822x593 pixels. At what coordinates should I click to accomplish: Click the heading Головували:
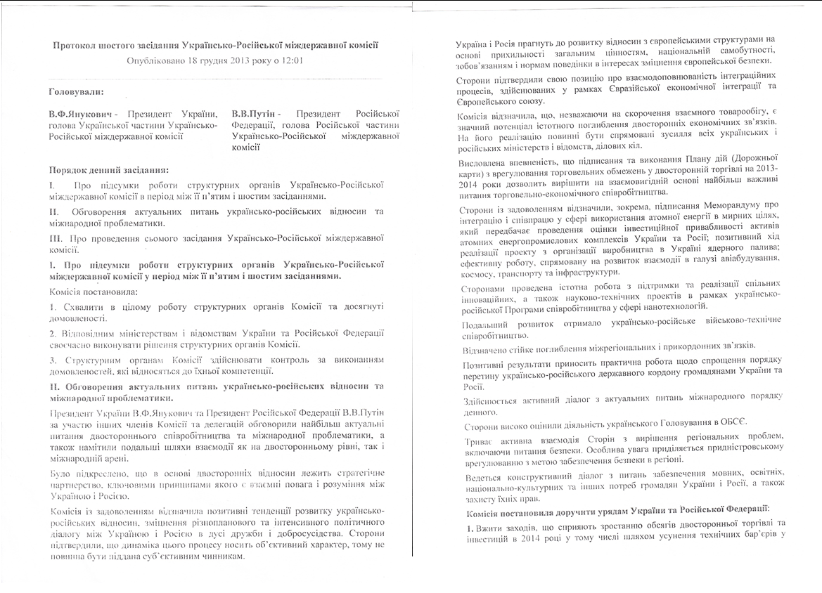[75, 91]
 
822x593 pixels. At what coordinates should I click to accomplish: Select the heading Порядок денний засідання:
[108, 170]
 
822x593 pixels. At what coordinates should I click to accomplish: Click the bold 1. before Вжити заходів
[461, 524]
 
